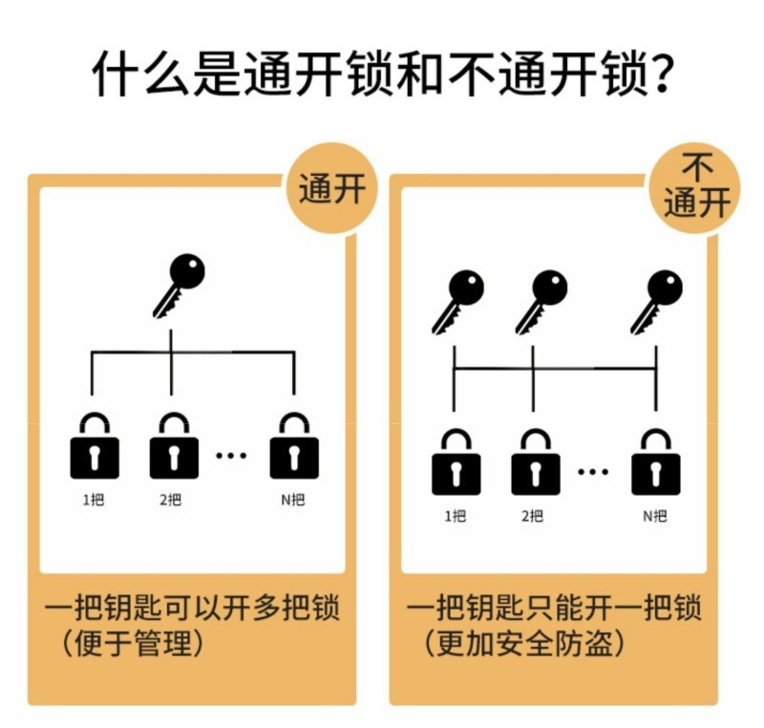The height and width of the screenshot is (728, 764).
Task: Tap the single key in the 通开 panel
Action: coord(179,284)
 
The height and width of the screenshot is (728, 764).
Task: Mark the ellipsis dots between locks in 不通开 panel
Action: coord(593,471)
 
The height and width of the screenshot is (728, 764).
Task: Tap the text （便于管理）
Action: coord(133,643)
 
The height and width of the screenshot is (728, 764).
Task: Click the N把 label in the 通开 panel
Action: coord(293,499)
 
